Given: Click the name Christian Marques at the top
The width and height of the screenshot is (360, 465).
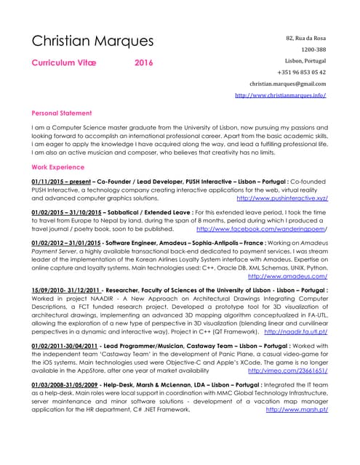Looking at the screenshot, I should [92, 41].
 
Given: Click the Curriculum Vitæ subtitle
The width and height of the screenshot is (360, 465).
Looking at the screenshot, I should [64, 63].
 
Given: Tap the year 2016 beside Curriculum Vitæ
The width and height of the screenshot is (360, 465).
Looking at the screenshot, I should [144, 63].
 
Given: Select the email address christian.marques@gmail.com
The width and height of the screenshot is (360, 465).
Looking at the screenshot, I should [287, 84].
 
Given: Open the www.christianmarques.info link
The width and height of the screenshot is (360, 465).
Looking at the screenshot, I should [280, 95].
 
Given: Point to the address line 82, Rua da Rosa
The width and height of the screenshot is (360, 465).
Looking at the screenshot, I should [305, 38].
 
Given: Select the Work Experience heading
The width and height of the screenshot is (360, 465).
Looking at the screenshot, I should [58, 167].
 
